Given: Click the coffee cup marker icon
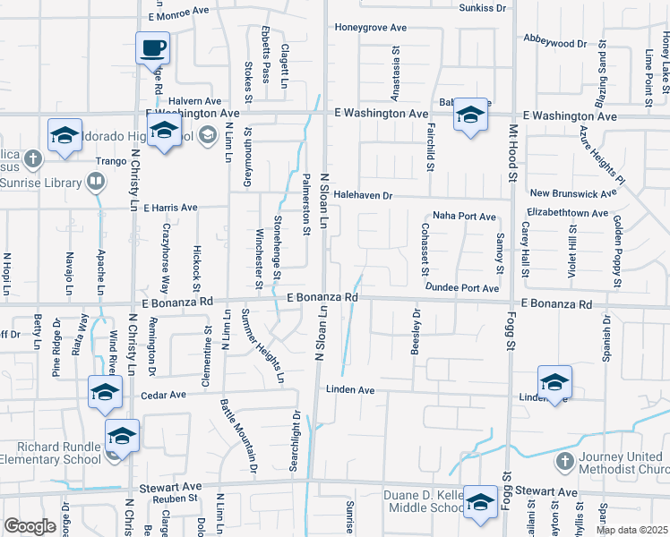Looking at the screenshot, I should pyautogui.click(x=152, y=47).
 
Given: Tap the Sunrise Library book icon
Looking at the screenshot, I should pyautogui.click(x=95, y=183).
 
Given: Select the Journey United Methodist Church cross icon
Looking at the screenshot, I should pyautogui.click(x=563, y=462).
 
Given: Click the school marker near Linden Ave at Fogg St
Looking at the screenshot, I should pyautogui.click(x=554, y=382).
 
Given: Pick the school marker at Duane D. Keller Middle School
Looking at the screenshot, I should pyautogui.click(x=481, y=503).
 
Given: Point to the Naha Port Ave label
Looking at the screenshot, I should pyautogui.click(x=464, y=217).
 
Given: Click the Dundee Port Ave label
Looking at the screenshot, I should pyautogui.click(x=462, y=288).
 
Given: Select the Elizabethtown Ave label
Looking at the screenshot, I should pyautogui.click(x=568, y=214).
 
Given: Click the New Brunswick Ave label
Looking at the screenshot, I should pyautogui.click(x=573, y=193).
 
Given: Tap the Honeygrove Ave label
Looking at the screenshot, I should pyautogui.click(x=370, y=28).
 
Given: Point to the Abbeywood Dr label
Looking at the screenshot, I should pyautogui.click(x=554, y=42).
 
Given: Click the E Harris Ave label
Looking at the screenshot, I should pyautogui.click(x=167, y=208).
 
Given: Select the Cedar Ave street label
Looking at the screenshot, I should pyautogui.click(x=163, y=395).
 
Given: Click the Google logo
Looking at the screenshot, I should pyautogui.click(x=30, y=527).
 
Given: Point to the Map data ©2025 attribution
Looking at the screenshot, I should pyautogui.click(x=631, y=530).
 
